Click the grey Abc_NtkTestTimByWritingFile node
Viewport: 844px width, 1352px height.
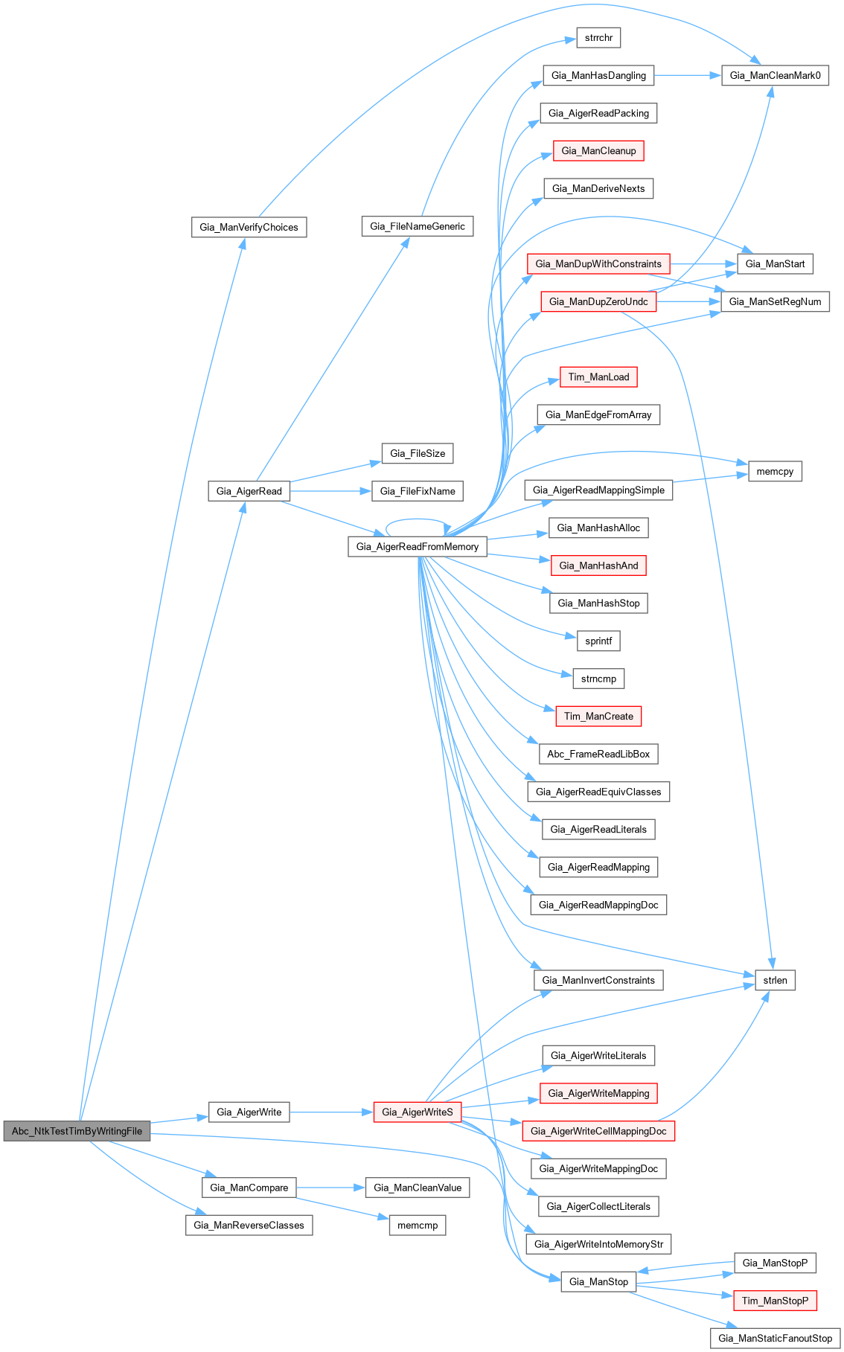77,1131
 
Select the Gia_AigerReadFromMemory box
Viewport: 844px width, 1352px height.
417,546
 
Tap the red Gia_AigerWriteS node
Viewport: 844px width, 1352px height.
417,1112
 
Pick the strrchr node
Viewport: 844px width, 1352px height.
598,37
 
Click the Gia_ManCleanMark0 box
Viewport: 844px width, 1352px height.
775,75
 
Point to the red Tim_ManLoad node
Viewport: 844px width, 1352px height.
598,377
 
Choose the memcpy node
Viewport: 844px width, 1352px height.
775,471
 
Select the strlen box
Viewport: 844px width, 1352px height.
775,980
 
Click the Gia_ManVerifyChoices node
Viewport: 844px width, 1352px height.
249,227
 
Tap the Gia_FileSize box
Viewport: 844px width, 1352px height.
417,453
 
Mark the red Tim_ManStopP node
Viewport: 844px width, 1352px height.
775,1301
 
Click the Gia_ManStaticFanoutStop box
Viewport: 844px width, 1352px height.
775,1338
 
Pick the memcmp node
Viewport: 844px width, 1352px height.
417,1225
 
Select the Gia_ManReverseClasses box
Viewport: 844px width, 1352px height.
249,1225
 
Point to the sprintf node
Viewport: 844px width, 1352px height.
598,641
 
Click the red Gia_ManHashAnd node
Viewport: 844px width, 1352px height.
598,566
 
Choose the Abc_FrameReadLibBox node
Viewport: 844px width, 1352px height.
598,754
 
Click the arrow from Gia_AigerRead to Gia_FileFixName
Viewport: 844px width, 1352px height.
330,491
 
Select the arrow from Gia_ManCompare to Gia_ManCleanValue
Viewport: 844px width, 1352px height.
330,1188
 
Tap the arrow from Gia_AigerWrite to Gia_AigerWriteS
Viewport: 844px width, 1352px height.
330,1112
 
